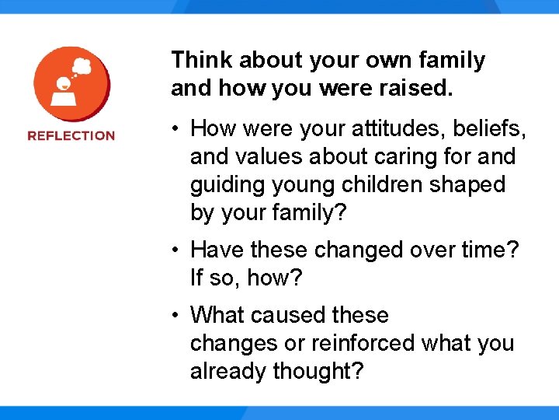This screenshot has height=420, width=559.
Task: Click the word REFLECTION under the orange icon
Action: point(71,135)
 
